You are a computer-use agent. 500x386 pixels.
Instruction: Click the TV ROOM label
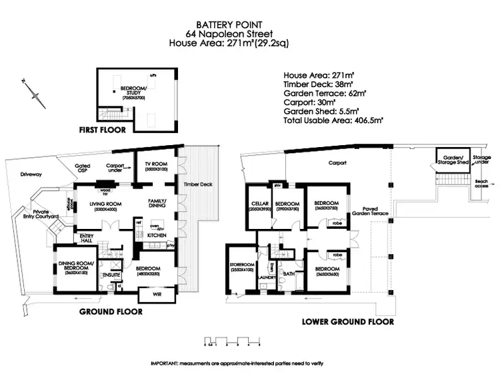[154, 164]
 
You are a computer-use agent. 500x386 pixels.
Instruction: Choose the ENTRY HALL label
[87, 238]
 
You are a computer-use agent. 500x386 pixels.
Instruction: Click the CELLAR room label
[259, 203]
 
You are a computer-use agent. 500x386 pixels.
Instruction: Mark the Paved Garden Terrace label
[365, 212]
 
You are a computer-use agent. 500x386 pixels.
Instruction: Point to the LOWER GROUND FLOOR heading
[347, 321]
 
